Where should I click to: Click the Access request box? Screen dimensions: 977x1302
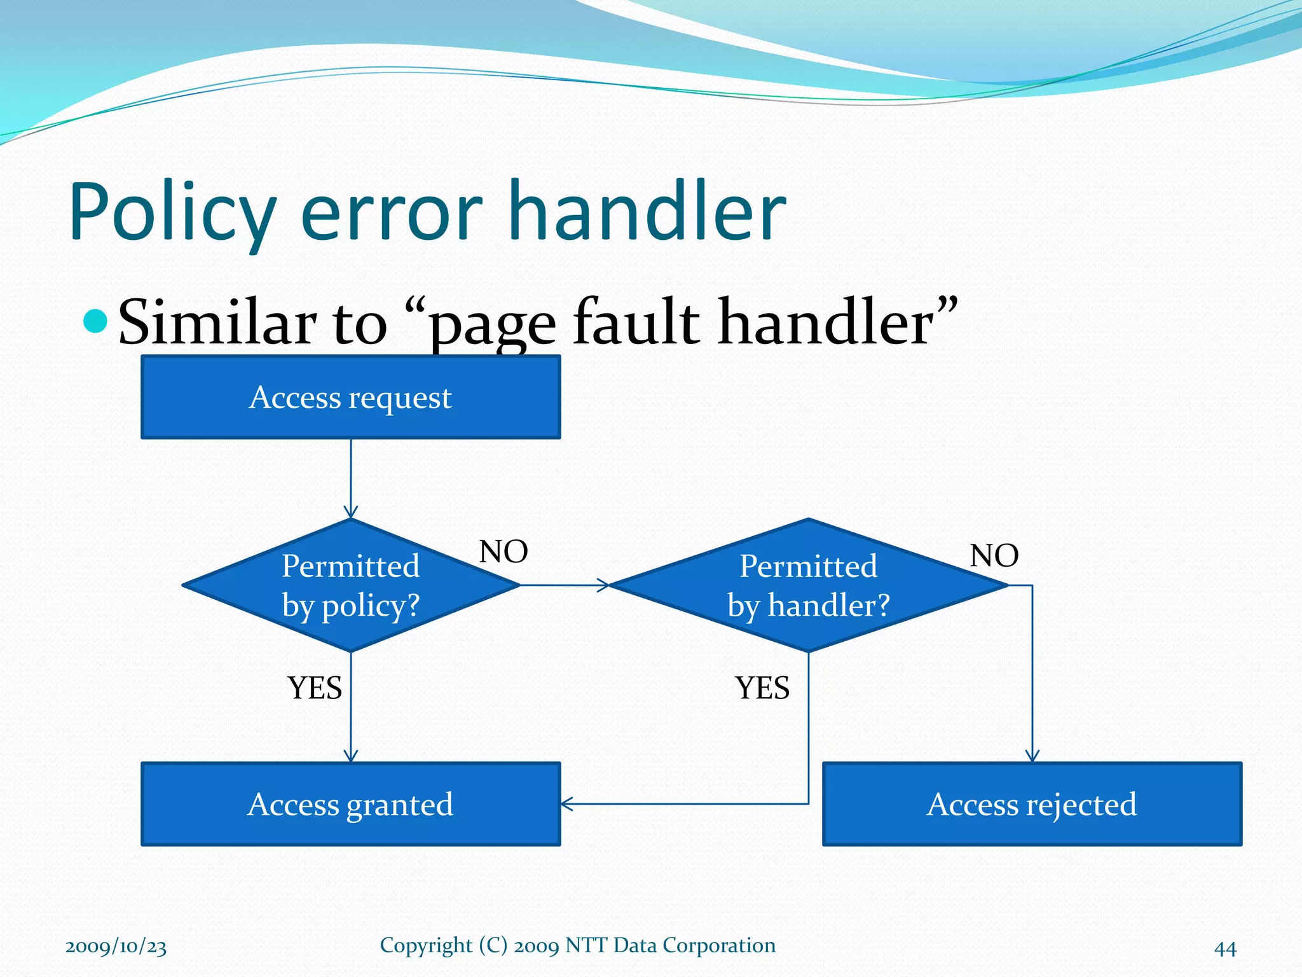pos(350,398)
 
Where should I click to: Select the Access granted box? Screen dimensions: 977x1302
pos(350,804)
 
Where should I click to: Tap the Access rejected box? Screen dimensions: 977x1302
pos(1032,804)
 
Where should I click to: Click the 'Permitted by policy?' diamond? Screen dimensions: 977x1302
pos(350,585)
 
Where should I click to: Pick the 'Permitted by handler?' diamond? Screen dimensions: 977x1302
pos(808,585)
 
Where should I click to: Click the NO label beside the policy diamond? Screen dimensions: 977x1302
pos(504,551)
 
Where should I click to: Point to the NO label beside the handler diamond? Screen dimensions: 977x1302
pos(994,555)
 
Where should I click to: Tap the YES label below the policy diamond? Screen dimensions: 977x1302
pos(315,688)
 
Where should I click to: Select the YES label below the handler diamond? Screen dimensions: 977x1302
pos(762,688)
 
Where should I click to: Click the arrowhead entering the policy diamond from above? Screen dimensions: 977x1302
pos(351,513)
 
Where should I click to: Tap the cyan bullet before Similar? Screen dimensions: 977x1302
pos(95,321)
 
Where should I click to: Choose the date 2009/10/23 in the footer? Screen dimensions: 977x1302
pos(116,946)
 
